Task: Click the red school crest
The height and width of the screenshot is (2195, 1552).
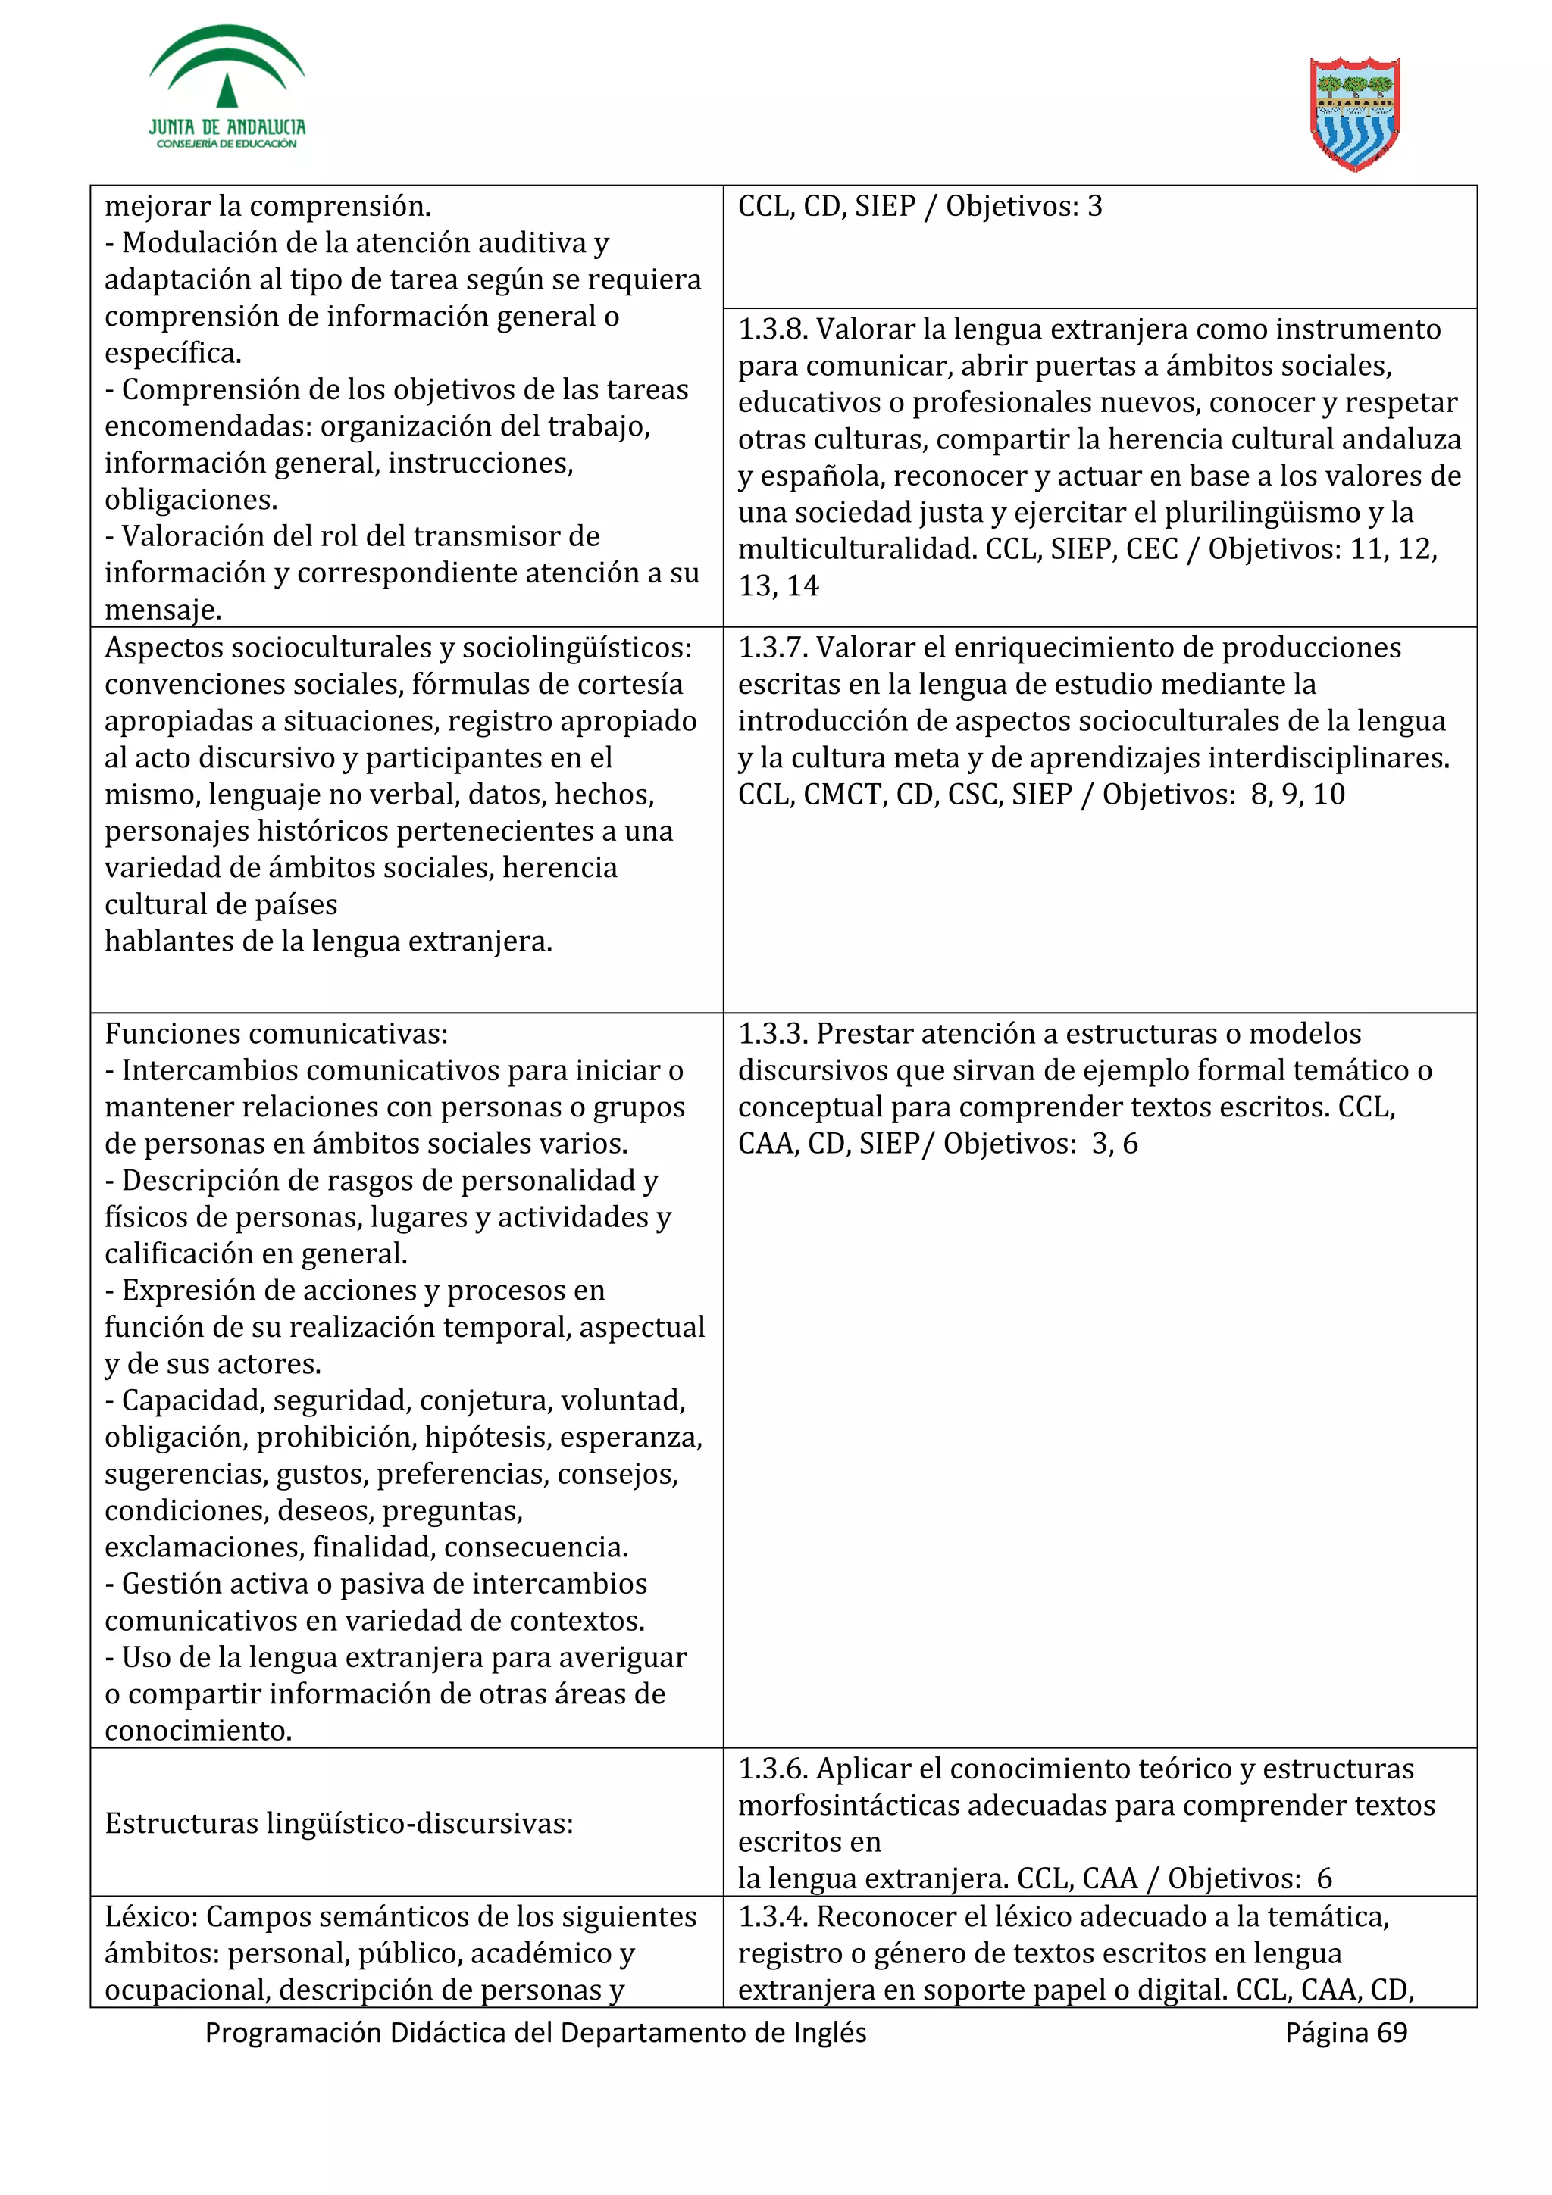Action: pyautogui.click(x=1354, y=114)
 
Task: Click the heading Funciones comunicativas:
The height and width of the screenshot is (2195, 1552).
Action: pyautogui.click(x=277, y=1035)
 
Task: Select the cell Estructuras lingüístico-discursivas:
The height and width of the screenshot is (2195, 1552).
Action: pyautogui.click(x=339, y=1824)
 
